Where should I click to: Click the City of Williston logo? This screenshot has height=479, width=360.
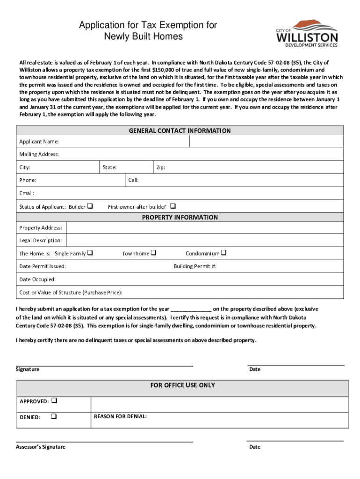pos(307,33)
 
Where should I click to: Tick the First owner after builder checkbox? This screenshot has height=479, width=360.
pos(173,206)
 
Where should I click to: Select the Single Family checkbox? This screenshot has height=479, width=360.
pos(90,253)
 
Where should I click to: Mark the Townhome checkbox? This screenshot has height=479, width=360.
pos(153,253)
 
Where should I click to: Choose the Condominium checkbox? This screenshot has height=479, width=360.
pos(223,253)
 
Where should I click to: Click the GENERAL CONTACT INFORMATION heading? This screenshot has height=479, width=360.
pos(180,131)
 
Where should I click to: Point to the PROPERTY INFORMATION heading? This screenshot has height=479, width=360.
pos(180,218)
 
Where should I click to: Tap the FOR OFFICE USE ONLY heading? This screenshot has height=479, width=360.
pos(182,385)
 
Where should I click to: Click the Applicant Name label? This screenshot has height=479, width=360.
pos(39,142)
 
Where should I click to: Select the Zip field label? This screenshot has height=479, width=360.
pos(160,167)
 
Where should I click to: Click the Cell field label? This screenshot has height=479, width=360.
pos(133,180)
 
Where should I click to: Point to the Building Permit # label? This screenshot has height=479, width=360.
pos(194,266)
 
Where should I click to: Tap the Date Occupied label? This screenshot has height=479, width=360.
pos(37,279)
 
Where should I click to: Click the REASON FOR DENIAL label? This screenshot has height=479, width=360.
pos(120,416)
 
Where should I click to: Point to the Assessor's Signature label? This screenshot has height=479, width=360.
pos(41,447)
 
